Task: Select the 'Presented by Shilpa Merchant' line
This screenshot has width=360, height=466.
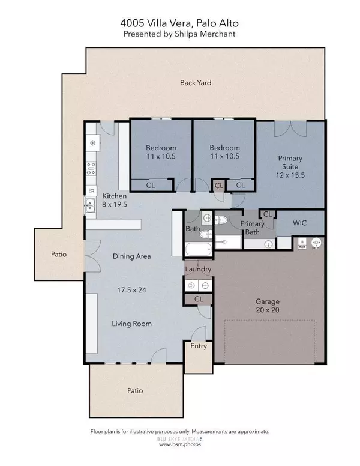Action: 180,34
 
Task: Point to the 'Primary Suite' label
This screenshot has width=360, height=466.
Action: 290,163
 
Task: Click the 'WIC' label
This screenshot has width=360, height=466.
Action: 300,222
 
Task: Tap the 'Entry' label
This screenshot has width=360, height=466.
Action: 197,346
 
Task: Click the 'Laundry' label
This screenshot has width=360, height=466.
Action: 197,270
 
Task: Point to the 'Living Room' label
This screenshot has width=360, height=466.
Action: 131,324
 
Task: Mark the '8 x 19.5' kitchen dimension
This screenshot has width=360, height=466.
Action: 114,204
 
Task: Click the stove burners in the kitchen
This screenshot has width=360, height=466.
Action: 92,170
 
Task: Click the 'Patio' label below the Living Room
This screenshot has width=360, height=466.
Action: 135,390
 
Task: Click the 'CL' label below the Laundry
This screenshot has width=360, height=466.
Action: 197,298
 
